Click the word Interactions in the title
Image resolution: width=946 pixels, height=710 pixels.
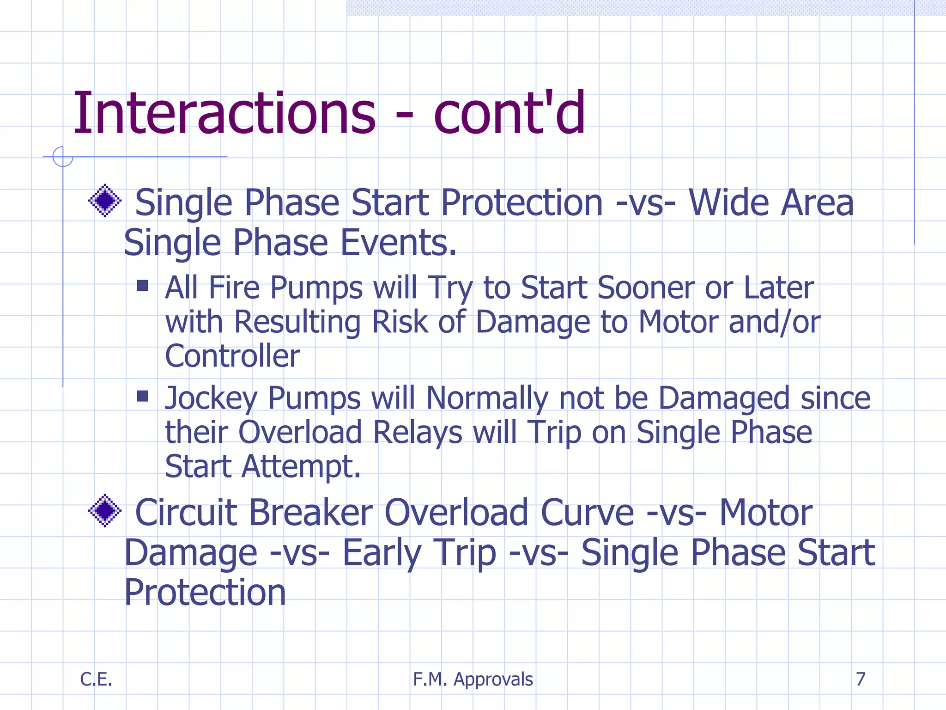coord(224,113)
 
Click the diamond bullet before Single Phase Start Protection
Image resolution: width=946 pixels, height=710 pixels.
coord(105,201)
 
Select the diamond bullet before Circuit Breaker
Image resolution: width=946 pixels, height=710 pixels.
coord(105,510)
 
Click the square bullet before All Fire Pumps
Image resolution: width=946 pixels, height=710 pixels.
coord(143,285)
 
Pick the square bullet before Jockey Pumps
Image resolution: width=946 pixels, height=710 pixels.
coord(143,396)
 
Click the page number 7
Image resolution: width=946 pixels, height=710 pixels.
coord(860,679)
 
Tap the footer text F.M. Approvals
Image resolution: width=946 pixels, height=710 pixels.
coord(473,679)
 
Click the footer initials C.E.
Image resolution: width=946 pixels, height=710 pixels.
coord(96,679)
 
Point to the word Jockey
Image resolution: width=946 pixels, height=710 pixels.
coord(211,398)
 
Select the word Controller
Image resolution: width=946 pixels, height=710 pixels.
coord(232,356)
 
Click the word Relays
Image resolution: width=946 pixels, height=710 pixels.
coord(417,433)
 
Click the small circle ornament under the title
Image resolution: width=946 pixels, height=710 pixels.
coord(63,157)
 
